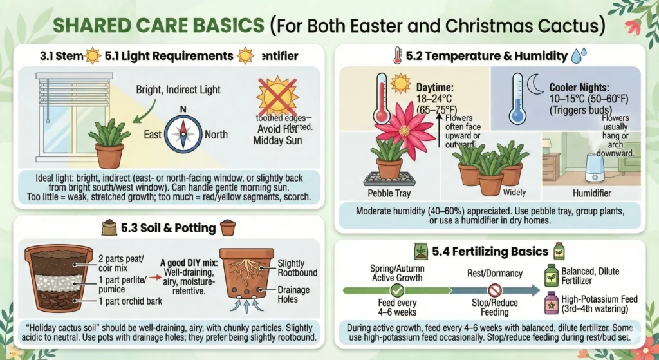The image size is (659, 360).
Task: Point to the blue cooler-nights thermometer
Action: coord(517,98)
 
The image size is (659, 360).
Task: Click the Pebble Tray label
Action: coord(389,193)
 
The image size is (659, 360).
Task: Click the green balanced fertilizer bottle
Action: coord(552,273)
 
